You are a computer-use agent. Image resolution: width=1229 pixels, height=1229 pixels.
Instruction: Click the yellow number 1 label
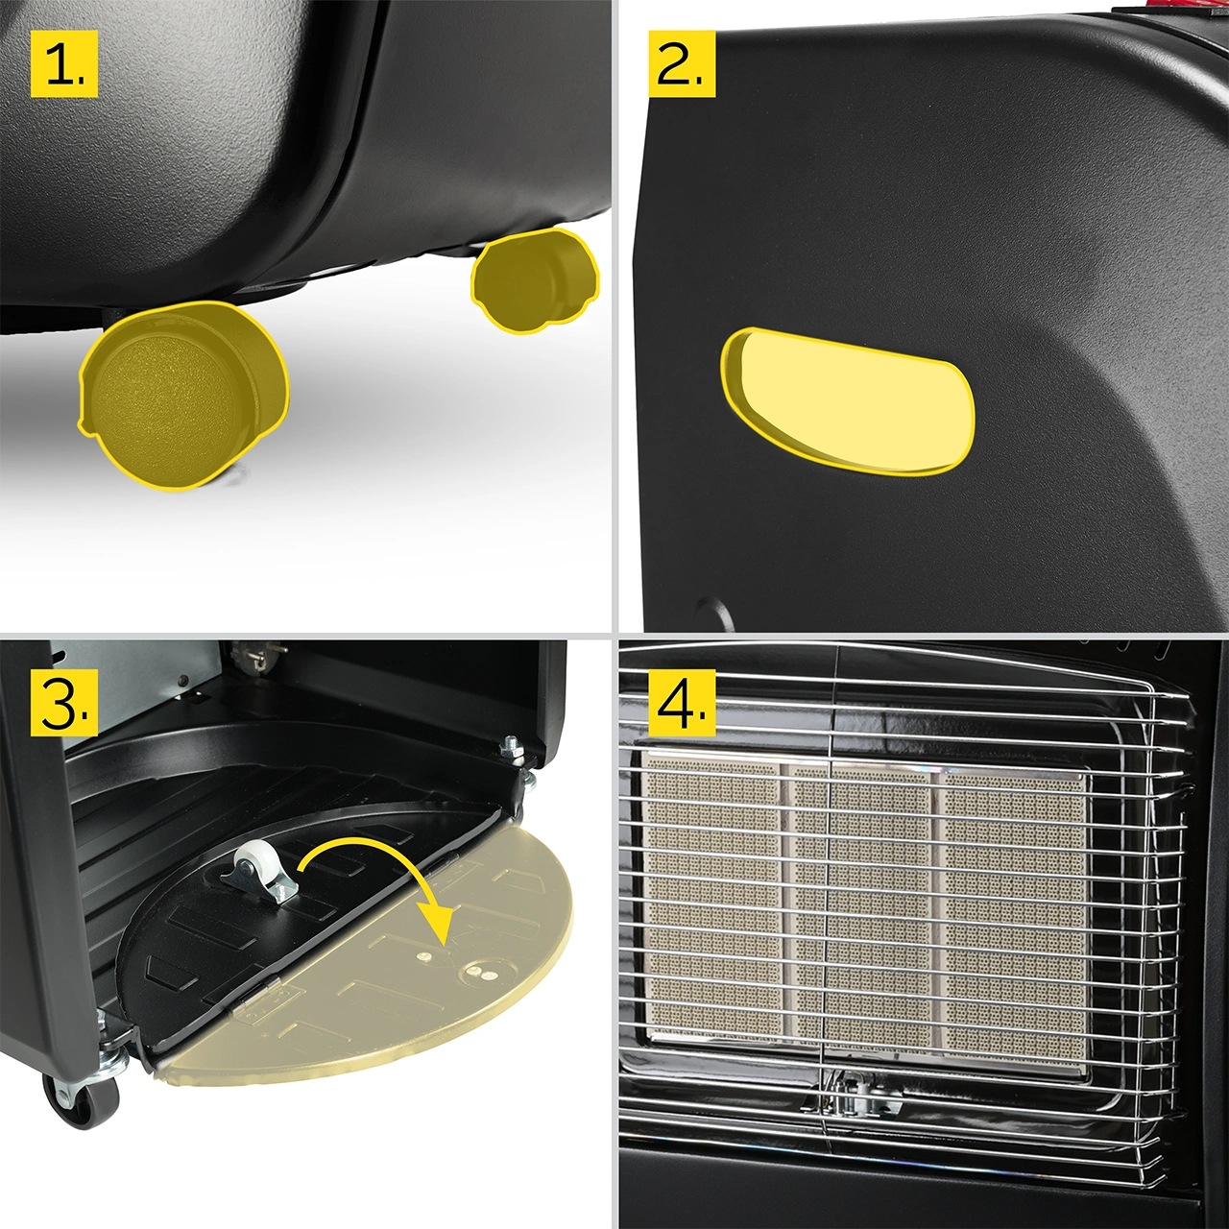pyautogui.click(x=63, y=63)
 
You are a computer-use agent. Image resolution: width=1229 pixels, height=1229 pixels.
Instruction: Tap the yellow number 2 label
pyautogui.click(x=681, y=63)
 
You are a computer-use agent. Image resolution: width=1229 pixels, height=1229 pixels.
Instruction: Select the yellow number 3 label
pyautogui.click(x=63, y=702)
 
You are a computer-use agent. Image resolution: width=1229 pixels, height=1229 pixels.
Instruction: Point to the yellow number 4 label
pyautogui.click(x=681, y=702)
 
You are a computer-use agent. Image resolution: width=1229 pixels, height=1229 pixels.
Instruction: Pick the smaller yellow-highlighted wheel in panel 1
pyautogui.click(x=535, y=280)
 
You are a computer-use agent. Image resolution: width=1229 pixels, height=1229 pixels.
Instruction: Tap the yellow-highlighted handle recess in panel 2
pyautogui.click(x=847, y=401)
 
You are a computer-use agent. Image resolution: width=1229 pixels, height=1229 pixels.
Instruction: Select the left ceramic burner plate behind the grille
pyautogui.click(x=711, y=901)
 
